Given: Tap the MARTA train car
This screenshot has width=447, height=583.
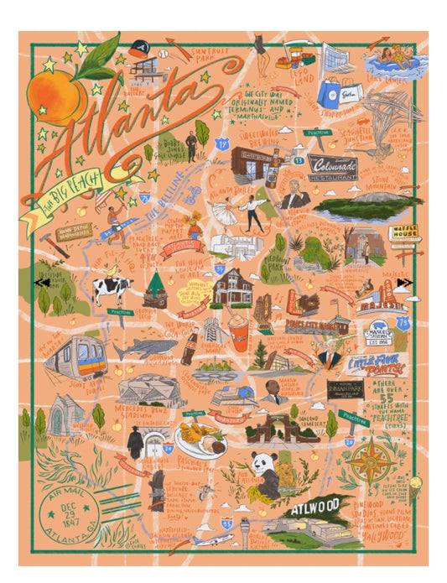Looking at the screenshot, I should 74,357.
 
